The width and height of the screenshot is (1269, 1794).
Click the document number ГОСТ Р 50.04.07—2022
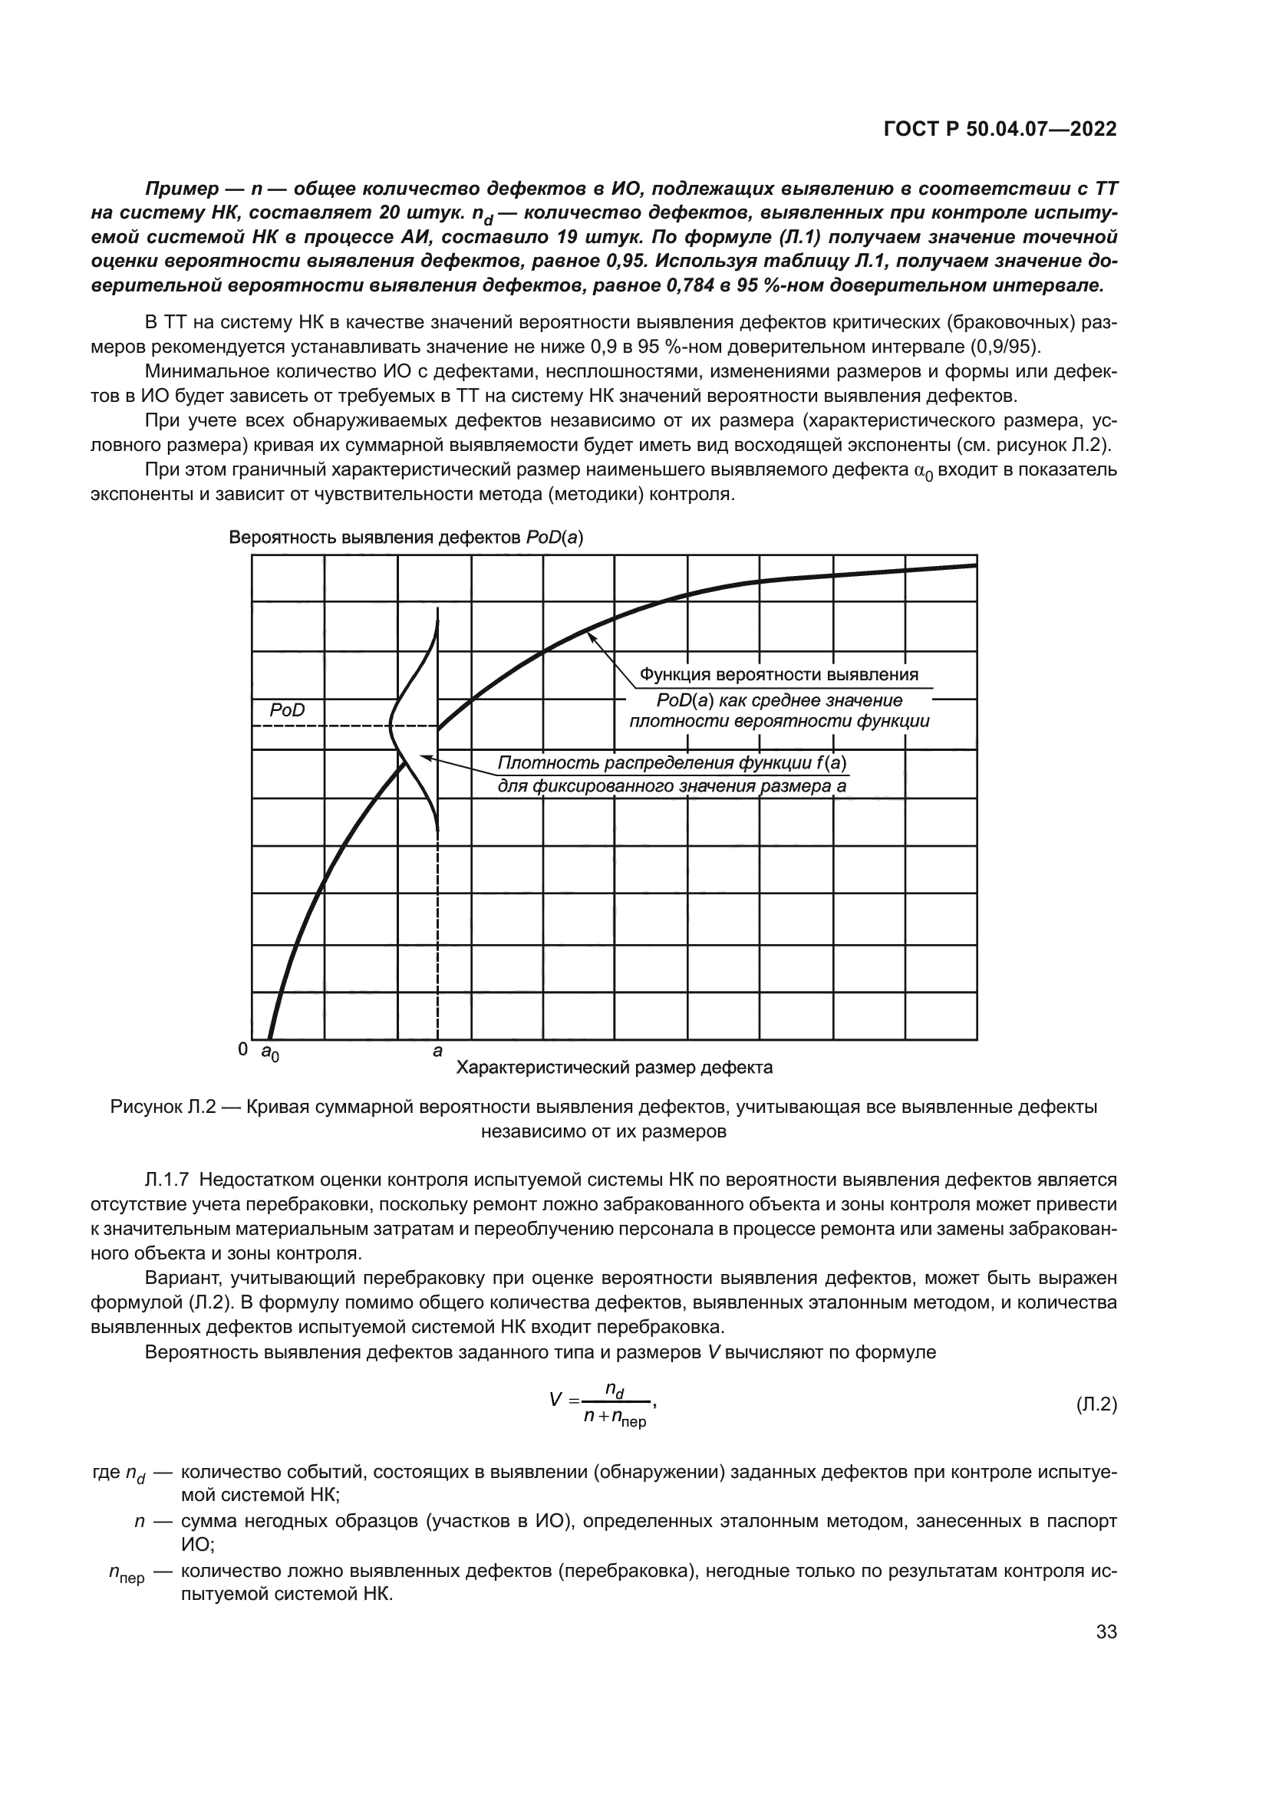(1000, 130)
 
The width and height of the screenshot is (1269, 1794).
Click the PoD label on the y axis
(287, 710)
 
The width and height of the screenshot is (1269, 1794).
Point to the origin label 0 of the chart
(243, 1049)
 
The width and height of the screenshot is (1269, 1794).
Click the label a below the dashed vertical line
(437, 1052)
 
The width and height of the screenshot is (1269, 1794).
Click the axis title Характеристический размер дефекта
(615, 1068)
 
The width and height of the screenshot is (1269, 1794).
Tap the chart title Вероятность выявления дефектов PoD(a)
(406, 538)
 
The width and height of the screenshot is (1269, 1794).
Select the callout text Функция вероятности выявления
(779, 674)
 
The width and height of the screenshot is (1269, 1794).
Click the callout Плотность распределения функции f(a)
(673, 762)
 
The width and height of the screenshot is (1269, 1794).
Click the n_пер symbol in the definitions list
(126, 1575)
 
